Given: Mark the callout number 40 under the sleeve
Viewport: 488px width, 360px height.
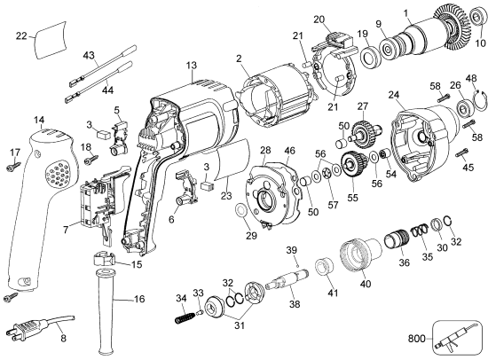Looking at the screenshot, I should (x=366, y=285).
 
